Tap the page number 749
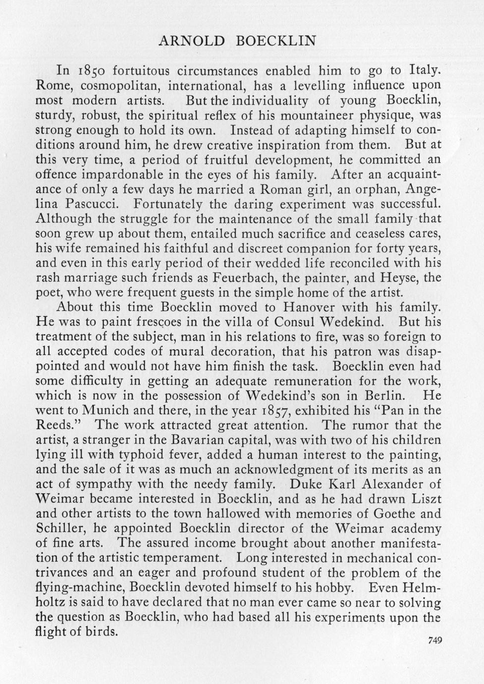point(434,640)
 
